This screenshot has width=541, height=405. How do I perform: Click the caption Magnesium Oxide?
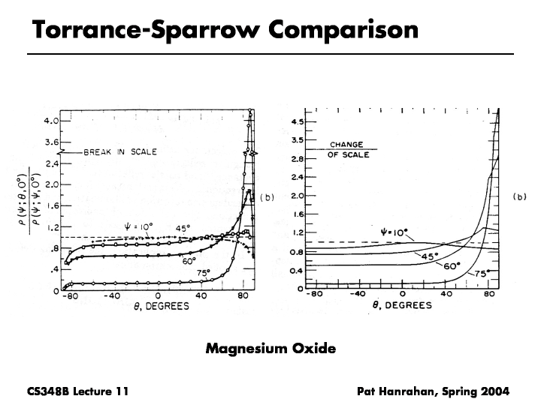[x=270, y=348]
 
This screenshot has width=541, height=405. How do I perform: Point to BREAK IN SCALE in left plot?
[x=120, y=151]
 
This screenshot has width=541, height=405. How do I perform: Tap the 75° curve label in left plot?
[x=203, y=273]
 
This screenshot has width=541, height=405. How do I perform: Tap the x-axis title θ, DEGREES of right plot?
[x=403, y=305]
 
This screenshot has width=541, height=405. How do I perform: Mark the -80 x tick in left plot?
[x=69, y=297]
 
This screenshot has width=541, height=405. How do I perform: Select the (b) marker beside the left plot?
[x=269, y=197]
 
